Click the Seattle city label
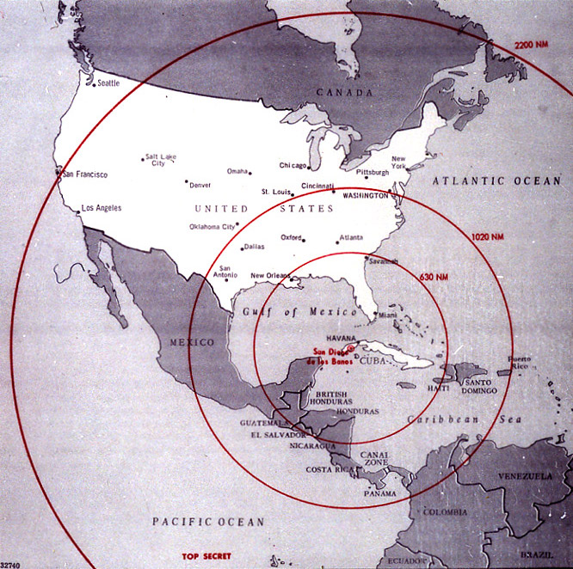point(108,83)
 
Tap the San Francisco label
point(85,174)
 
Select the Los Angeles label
point(101,208)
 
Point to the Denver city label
point(200,185)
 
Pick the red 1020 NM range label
point(488,236)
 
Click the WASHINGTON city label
point(365,196)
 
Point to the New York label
point(398,162)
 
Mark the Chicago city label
point(293,165)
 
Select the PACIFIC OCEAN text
point(208,522)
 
